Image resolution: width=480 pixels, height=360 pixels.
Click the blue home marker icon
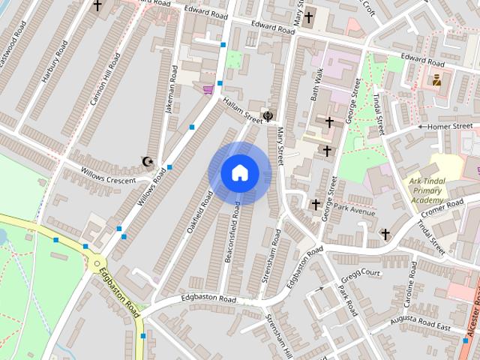[x=238, y=172]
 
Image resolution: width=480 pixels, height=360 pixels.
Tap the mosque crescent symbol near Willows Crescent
[x=148, y=161]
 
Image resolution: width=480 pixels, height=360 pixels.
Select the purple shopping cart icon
[x=208, y=90]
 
